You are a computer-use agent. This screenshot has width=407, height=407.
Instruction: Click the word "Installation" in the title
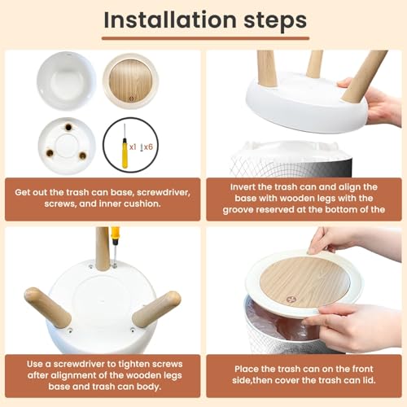coord(170,20)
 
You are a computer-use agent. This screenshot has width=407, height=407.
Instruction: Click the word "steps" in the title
coord(275,21)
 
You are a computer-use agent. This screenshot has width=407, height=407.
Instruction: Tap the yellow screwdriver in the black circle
coord(125,147)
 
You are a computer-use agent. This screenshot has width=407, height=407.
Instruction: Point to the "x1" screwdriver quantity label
coord(133,147)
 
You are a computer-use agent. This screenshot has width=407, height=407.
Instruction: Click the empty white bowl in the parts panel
coord(67,81)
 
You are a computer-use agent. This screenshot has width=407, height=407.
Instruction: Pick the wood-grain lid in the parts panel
coord(131,81)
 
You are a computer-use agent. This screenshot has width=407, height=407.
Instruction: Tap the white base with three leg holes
coord(67,146)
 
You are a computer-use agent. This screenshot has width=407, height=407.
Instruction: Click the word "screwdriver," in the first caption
coord(164,192)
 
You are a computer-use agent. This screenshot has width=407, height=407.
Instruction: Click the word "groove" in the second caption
coord(238,210)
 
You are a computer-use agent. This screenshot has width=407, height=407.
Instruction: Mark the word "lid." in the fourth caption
coord(368,380)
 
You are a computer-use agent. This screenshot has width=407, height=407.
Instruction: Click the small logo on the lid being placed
coord(291,300)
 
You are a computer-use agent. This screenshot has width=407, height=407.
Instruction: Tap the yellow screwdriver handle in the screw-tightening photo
coord(115,235)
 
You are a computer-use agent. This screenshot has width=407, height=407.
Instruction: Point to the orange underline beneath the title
coord(205,38)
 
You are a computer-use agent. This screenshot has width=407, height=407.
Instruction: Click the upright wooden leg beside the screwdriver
coord(103,249)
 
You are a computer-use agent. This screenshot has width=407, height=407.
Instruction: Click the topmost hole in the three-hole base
coord(68,127)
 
